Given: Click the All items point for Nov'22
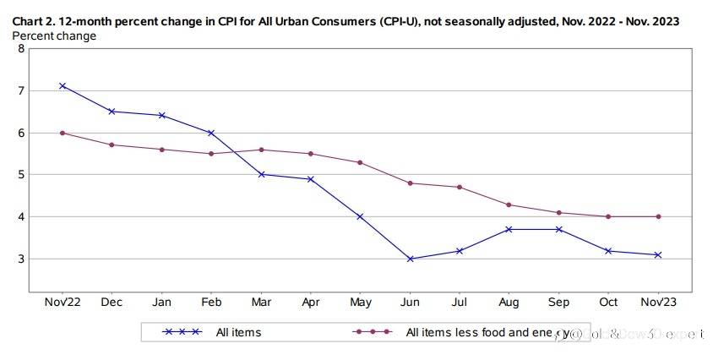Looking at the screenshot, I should (x=63, y=86).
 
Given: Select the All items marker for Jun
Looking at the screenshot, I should (x=411, y=259).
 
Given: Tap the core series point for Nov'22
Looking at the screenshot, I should (x=63, y=133).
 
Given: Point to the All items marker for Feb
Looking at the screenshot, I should (x=211, y=133).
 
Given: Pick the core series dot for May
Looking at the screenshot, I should (x=361, y=162).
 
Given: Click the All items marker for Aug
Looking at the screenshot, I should (x=509, y=229).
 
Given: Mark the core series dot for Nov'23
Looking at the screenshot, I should (x=658, y=216).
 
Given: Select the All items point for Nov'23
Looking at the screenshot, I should (x=658, y=254).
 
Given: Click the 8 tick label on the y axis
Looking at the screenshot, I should (x=21, y=49).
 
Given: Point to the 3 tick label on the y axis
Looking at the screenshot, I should (x=21, y=259).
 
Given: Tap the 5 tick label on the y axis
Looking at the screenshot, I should (x=21, y=175).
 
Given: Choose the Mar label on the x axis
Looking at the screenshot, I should (x=261, y=303).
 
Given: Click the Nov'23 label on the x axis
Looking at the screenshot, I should (x=658, y=303).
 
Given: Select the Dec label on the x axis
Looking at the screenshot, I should (x=112, y=303).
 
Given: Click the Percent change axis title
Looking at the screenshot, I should (x=54, y=36).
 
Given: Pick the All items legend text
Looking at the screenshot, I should (x=239, y=332).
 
